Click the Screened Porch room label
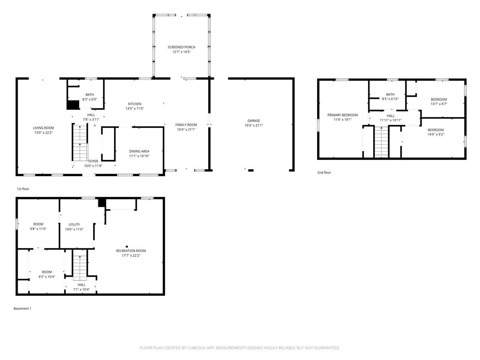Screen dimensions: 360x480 (181, 47)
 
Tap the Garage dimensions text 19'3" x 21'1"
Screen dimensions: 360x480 (254, 126)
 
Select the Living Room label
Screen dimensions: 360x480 (43, 128)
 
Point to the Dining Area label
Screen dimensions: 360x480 (139, 151)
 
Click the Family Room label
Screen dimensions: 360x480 (186, 125)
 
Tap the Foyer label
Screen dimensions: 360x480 (93, 161)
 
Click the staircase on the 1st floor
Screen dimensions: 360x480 (80, 142)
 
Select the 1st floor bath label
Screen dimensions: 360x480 (90, 94)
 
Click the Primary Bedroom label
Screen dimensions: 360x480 (342, 115)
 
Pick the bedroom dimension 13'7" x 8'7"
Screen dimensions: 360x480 (439, 104)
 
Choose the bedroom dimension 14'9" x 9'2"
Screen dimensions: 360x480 (436, 134)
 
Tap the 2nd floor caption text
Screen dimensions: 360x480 (324, 173)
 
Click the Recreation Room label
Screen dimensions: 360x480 (131, 251)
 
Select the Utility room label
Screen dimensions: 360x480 (74, 224)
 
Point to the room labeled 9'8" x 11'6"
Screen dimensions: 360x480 (38, 226)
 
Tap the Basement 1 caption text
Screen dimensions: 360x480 (22, 308)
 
